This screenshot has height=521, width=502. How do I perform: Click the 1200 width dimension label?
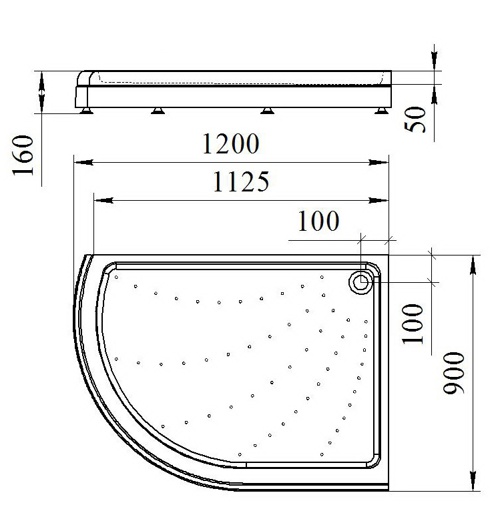(231, 143)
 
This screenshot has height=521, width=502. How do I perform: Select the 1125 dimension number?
(241, 181)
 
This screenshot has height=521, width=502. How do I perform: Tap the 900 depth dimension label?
(453, 373)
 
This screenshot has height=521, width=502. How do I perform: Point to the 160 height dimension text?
(23, 155)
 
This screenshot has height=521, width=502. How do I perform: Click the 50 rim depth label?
(415, 119)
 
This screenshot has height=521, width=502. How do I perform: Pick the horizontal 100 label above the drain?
(318, 221)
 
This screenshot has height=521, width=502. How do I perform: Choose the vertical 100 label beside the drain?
(413, 324)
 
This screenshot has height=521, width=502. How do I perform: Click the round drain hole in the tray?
(360, 282)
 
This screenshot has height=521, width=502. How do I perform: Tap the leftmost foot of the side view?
(86, 111)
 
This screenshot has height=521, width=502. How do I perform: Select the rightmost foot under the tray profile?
(381, 111)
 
